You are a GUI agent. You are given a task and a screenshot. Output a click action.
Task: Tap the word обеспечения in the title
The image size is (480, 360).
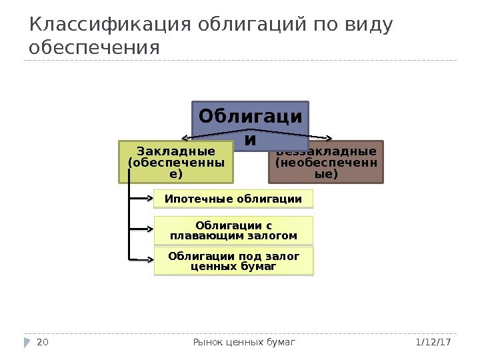tap(95, 49)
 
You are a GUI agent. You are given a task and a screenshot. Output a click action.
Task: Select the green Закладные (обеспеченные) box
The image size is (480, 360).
tap(176, 161)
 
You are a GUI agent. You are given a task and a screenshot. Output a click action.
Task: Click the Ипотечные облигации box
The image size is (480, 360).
tap(233, 199)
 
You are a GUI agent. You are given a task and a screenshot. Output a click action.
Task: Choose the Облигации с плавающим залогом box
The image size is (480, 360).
tap(233, 230)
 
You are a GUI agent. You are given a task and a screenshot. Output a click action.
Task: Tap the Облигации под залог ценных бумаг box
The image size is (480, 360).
tap(233, 261)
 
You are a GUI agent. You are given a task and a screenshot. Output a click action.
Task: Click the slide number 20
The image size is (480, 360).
tap(43, 342)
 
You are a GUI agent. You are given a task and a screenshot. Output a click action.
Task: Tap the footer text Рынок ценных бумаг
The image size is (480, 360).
tap(244, 342)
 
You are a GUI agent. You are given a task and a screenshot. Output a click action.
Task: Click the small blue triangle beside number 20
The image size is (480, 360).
tap(27, 342)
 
